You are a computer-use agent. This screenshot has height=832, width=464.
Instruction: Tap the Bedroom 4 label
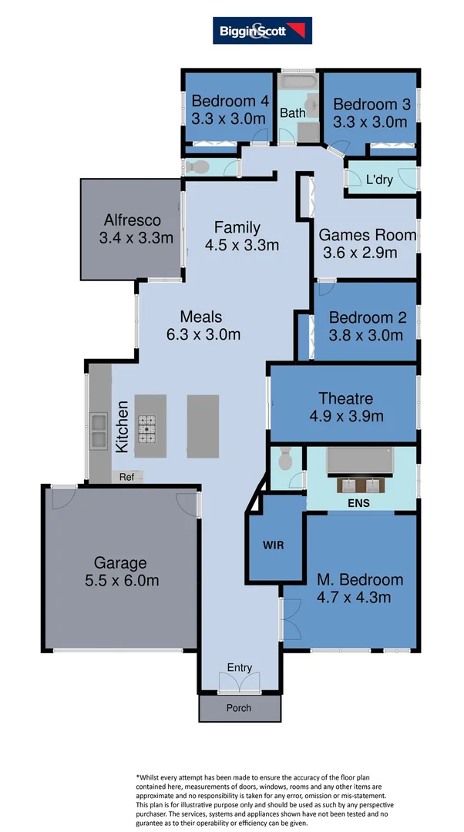pos(229,101)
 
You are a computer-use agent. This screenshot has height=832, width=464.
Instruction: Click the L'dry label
pos(379,179)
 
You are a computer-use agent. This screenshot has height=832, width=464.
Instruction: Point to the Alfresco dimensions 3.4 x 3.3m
pos(136,238)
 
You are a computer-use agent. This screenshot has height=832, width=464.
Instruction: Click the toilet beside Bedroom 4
pos(197,166)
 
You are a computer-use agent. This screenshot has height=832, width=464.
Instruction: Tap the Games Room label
pos(368,235)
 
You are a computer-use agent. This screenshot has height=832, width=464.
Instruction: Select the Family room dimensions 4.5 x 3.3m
pos(241,246)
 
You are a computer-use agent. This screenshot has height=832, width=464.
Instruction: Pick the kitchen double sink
pos(99,430)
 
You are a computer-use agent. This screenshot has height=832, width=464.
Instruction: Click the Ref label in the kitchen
pos(126,477)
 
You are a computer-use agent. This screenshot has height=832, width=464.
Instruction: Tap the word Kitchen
pos(122,426)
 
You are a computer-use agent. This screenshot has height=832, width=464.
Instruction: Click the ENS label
pos(358,503)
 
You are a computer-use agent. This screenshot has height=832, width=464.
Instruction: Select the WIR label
pos(274,545)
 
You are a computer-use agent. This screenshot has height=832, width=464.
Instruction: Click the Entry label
pos(239,667)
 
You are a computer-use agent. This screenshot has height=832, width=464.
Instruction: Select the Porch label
pos(238,707)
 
